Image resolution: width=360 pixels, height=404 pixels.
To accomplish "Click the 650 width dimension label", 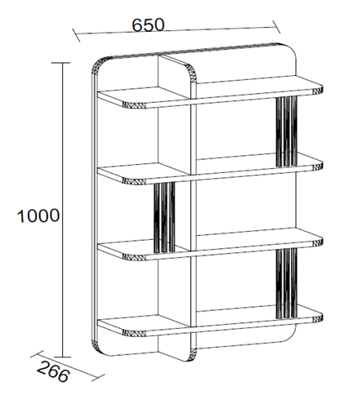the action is pyautogui.click(x=148, y=24).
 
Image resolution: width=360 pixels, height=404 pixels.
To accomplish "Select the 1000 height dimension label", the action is pyautogui.click(x=38, y=216).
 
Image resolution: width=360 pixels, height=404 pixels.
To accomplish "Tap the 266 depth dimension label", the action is pyautogui.click(x=53, y=371).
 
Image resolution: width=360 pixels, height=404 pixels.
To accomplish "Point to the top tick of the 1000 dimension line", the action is pyautogui.click(x=60, y=63).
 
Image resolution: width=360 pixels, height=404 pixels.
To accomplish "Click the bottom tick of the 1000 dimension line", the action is pyautogui.click(x=63, y=357).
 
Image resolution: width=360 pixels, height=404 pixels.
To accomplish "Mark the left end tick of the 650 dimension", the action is pyautogui.click(x=76, y=35).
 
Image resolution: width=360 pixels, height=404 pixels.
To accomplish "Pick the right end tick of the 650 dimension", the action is pyautogui.click(x=277, y=27).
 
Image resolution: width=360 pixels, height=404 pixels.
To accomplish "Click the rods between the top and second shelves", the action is pyautogui.click(x=287, y=131).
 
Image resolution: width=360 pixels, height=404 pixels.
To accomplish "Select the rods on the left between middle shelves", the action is pyautogui.click(x=164, y=217).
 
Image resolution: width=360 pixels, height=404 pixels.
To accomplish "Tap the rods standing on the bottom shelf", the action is pyautogui.click(x=287, y=283).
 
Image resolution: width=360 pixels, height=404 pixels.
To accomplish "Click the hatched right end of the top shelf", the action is pyautogui.click(x=318, y=90).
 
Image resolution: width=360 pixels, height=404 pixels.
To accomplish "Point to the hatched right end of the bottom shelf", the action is pyautogui.click(x=318, y=318).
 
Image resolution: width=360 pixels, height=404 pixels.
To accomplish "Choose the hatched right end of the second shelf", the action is pyautogui.click(x=318, y=166).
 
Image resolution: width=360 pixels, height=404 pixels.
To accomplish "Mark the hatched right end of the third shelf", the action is pyautogui.click(x=318, y=242).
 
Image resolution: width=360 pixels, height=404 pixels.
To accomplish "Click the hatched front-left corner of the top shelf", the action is pyautogui.click(x=134, y=105).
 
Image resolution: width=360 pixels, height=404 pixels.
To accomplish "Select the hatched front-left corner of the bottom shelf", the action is pyautogui.click(x=134, y=333).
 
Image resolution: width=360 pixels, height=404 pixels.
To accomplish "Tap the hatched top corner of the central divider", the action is pyautogui.click(x=193, y=73).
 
